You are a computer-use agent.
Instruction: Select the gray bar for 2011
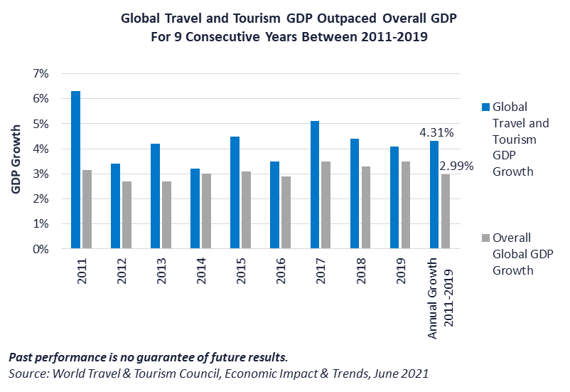[x=87, y=210]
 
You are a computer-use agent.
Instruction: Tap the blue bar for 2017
[x=315, y=185]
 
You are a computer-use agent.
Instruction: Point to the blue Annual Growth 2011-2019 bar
[x=434, y=195]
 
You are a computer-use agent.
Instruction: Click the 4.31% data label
[x=436, y=132]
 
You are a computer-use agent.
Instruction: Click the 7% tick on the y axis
[x=39, y=74]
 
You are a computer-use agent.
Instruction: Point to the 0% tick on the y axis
[x=39, y=249]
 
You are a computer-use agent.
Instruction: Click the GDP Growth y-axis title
[x=16, y=157]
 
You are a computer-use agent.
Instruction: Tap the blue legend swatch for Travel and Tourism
[x=485, y=107]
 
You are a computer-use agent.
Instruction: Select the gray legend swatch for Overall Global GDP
[x=485, y=238]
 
